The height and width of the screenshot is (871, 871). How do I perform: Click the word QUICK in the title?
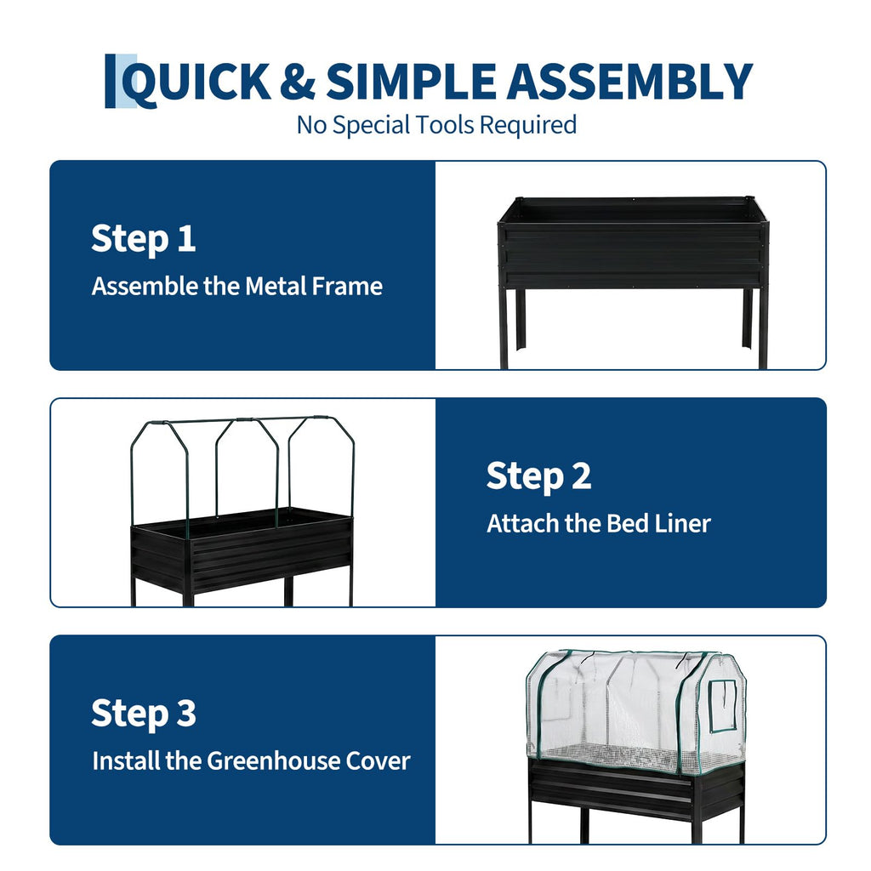pos(196,83)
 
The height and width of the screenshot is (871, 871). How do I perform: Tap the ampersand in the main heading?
pos(298,82)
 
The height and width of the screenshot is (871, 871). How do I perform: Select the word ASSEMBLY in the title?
pos(629,81)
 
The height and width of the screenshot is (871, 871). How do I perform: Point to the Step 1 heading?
pos(143,239)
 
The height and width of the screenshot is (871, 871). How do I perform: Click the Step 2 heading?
pos(538,476)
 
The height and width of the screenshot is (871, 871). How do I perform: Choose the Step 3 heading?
pos(143,714)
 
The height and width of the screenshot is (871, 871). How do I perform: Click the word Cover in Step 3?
pos(378,761)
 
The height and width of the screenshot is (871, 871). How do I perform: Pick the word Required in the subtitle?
pos(527,125)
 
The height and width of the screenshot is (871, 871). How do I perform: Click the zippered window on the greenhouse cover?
pos(723,706)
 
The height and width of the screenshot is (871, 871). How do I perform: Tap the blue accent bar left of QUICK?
pos(110,81)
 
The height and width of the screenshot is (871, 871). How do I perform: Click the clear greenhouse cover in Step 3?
pos(636,712)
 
